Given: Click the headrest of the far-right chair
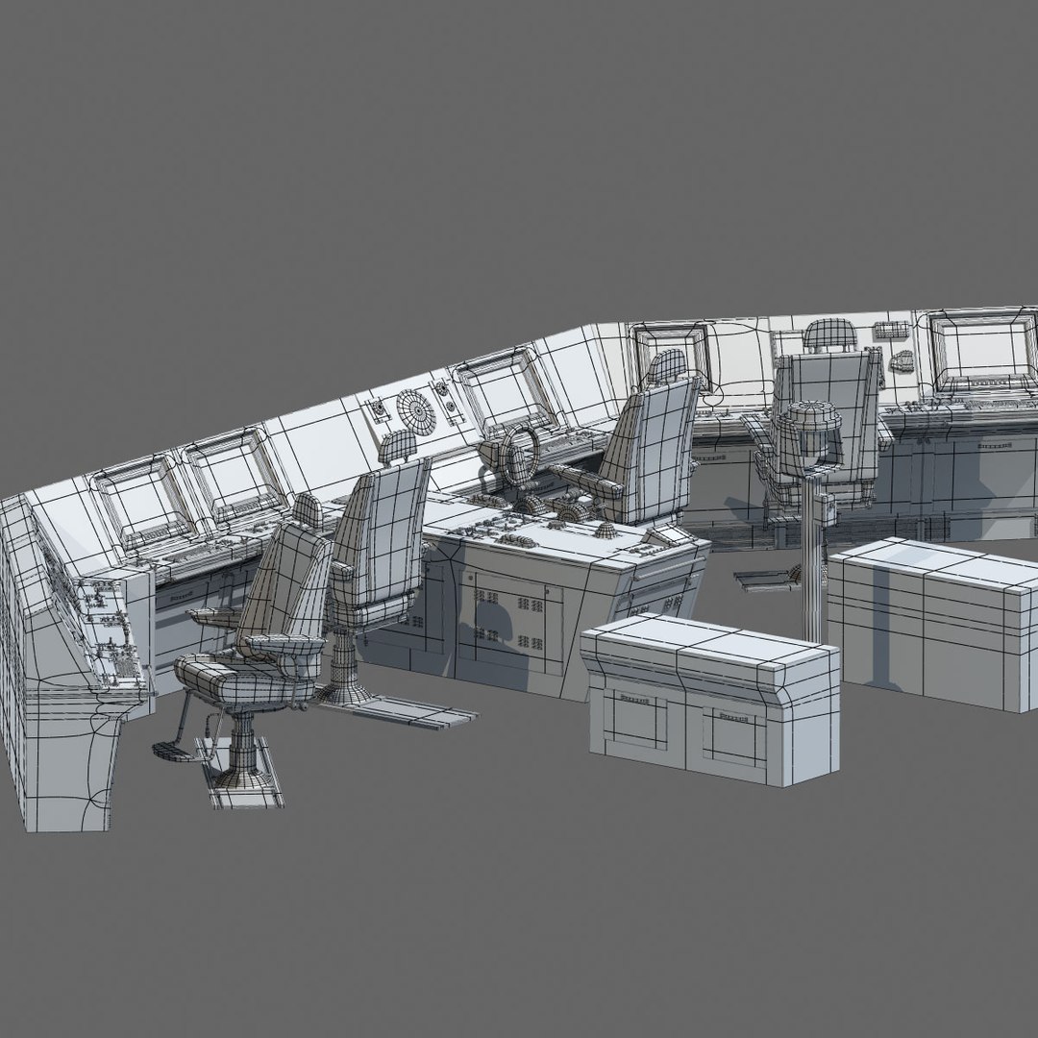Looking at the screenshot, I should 828,334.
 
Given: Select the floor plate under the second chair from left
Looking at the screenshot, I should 413,711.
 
